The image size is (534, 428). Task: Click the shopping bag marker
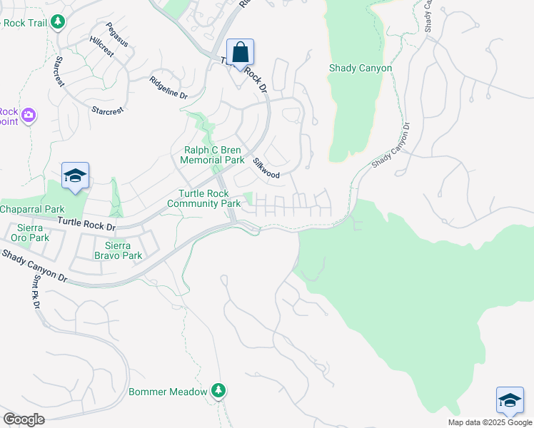241,53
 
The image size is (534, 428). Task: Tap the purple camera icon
29,115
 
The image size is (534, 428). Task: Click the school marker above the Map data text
510,401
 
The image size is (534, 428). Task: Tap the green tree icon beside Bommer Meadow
219,391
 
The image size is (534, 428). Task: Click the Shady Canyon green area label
360,68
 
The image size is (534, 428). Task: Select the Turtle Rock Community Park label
204,199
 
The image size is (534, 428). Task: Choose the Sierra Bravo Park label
119,250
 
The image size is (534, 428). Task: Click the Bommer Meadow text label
168,392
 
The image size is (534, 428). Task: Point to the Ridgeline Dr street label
168,91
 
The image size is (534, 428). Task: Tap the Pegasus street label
117,35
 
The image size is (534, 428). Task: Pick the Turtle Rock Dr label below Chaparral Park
86,223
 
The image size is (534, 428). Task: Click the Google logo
24,419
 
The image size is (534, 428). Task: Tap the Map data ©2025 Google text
489,422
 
